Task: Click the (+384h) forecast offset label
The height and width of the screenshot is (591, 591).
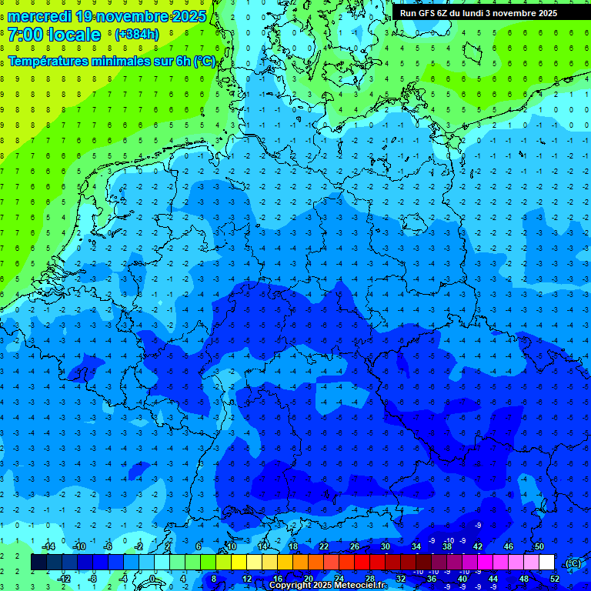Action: click(x=136, y=35)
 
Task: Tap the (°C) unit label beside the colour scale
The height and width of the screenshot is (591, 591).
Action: click(x=573, y=563)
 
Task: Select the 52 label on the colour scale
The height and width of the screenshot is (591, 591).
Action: click(x=555, y=578)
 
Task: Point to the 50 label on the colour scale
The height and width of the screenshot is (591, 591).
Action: click(x=539, y=546)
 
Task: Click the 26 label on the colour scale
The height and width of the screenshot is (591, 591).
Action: click(x=355, y=546)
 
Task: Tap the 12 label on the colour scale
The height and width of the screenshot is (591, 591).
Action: click(x=247, y=578)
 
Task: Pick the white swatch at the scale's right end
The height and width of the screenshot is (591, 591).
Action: click(x=547, y=562)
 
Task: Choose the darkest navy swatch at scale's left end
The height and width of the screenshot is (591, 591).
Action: click(x=38, y=562)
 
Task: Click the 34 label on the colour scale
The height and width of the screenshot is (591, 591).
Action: click(x=416, y=546)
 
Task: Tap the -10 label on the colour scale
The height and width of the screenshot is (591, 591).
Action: click(x=78, y=546)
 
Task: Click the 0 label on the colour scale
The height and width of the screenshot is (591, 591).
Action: click(x=152, y=578)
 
